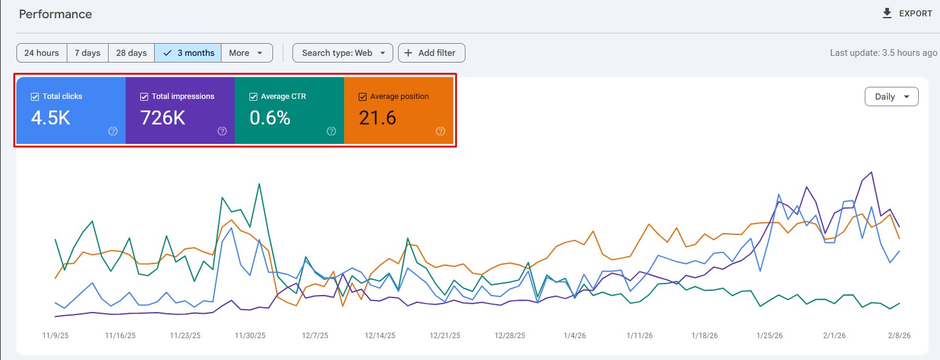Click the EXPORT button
(908, 13)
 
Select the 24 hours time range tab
(41, 53)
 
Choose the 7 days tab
(87, 53)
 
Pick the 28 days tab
(131, 53)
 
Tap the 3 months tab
(188, 53)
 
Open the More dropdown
(246, 53)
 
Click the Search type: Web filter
(343, 53)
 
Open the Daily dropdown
(891, 97)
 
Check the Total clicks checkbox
(35, 97)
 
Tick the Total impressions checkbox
(144, 97)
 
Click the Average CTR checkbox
(253, 97)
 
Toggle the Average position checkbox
(362, 97)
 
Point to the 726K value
(163, 118)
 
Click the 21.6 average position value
(377, 118)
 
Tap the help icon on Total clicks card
(113, 131)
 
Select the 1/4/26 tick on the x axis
(574, 335)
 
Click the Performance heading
(55, 14)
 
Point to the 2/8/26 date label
(899, 335)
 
